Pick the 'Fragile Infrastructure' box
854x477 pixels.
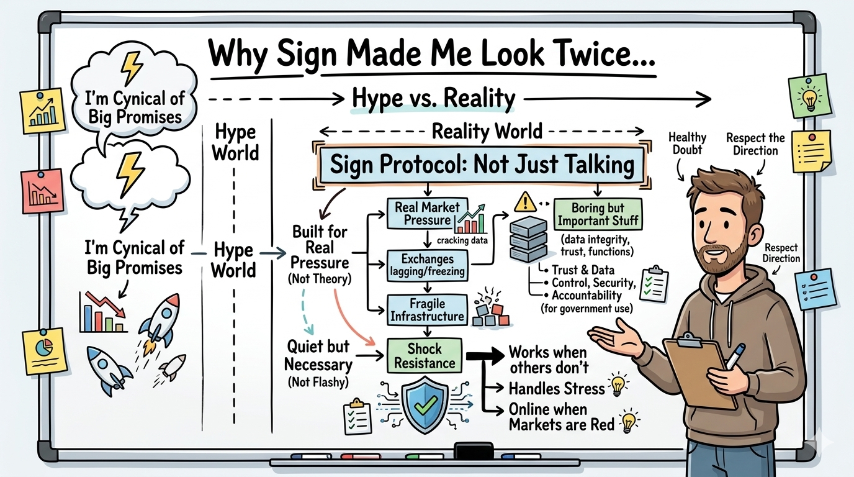427,309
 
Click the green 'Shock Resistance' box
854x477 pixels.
425,356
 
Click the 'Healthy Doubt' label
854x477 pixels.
687,143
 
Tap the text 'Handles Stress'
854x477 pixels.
556,389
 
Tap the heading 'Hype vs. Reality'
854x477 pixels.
433,99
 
